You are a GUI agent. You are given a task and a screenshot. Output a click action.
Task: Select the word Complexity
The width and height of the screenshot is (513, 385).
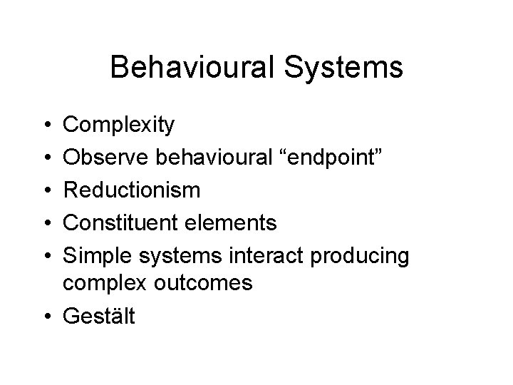118,126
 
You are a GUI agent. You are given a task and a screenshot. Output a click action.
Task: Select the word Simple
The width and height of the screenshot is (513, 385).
94,255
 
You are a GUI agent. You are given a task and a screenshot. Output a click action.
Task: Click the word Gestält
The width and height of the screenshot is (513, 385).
98,314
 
